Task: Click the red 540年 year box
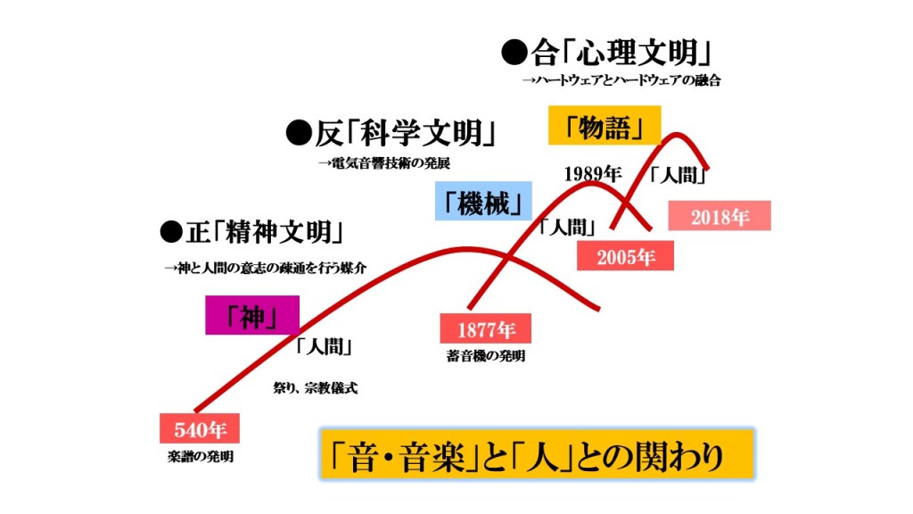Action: pyautogui.click(x=201, y=429)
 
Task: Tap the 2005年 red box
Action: pyautogui.click(x=625, y=257)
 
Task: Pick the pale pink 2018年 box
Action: pyautogui.click(x=720, y=217)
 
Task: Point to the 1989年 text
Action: pyautogui.click(x=592, y=174)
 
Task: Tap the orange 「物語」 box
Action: pyautogui.click(x=604, y=126)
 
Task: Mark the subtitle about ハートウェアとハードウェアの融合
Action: pyautogui.click(x=621, y=80)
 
